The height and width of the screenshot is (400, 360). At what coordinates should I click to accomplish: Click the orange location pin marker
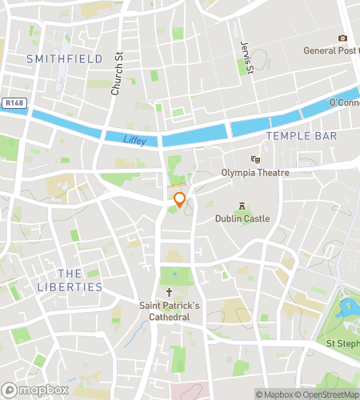[180, 201]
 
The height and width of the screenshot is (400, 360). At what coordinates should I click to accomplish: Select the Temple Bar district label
[302, 137]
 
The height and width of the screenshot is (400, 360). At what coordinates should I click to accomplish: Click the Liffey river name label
[135, 140]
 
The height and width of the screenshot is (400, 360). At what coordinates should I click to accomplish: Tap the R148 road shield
[14, 103]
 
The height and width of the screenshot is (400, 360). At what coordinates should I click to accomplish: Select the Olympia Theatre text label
[254, 172]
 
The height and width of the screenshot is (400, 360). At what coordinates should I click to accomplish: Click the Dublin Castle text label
[242, 218]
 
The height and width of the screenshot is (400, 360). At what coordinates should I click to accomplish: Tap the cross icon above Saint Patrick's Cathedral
[169, 293]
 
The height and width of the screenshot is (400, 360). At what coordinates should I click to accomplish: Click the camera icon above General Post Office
[343, 38]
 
